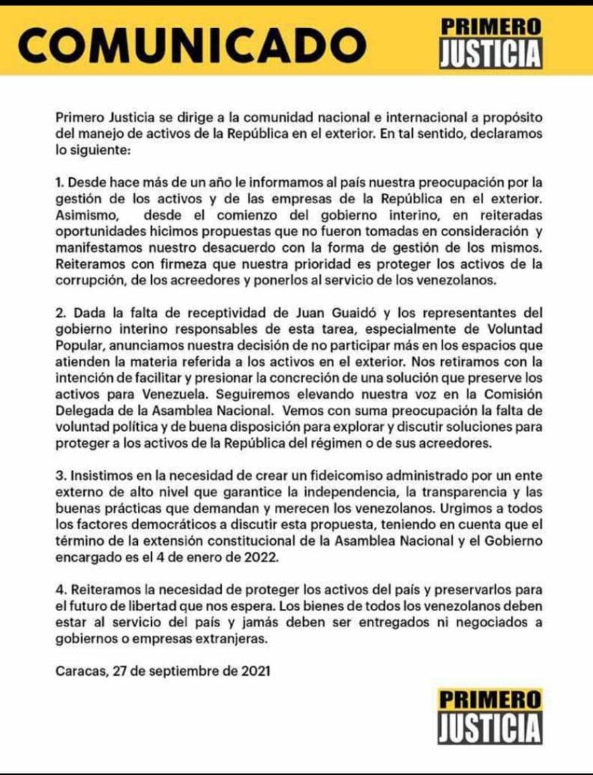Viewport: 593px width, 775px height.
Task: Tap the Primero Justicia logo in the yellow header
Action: point(492,42)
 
